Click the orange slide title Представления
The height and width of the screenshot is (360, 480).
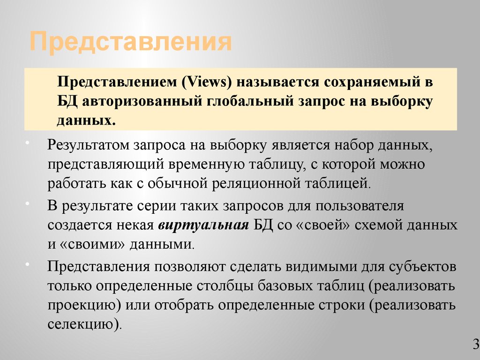[131, 42]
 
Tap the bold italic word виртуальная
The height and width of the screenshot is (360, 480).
[203, 225]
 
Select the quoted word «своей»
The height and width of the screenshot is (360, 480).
[323, 225]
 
